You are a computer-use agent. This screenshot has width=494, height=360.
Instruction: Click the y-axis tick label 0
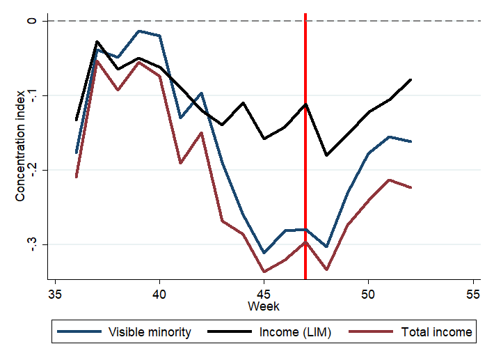(31, 21)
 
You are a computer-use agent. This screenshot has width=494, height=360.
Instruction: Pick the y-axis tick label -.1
(31, 95)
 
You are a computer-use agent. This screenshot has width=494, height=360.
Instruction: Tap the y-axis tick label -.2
(31, 170)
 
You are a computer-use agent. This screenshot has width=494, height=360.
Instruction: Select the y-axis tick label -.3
(31, 244)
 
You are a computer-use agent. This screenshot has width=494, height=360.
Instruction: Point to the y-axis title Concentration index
(20, 144)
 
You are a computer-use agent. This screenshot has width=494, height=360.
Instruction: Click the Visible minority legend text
(150, 333)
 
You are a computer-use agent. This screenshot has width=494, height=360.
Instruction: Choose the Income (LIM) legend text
(295, 333)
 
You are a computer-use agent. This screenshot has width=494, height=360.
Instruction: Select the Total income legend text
(437, 333)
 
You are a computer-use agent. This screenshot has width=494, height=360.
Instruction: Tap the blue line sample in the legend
(79, 333)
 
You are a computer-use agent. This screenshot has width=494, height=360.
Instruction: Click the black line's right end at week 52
(411, 79)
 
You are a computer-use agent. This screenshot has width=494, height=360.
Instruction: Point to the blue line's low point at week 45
(264, 253)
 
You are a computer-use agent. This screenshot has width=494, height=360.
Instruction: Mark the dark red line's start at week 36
(77, 178)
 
